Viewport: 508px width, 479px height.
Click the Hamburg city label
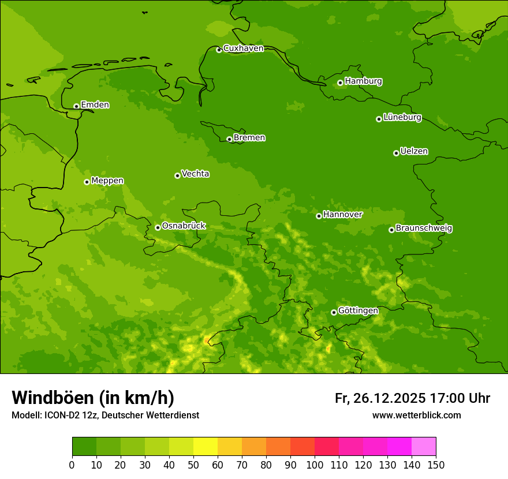363,81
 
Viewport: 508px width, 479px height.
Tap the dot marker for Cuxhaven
219,50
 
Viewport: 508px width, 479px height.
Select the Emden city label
95,105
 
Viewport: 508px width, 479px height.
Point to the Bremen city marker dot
229,139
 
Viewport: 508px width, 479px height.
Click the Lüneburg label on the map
402,118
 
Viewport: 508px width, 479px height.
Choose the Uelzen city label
414,152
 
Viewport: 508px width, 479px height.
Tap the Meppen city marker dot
87,182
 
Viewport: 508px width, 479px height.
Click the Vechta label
195,174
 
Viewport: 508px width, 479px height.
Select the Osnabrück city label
184,226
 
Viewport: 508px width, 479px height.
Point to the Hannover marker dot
319,216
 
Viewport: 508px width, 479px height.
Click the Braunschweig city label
424,229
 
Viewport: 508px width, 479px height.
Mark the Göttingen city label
358,311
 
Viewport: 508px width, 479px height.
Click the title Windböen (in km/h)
93,398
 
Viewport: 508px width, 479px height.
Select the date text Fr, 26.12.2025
380,398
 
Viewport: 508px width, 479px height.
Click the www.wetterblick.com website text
416,416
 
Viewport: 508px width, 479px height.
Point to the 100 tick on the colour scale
315,464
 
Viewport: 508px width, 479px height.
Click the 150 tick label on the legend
436,464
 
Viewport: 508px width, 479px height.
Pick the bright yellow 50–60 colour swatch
206,447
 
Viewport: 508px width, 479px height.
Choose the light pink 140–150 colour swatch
424,447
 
